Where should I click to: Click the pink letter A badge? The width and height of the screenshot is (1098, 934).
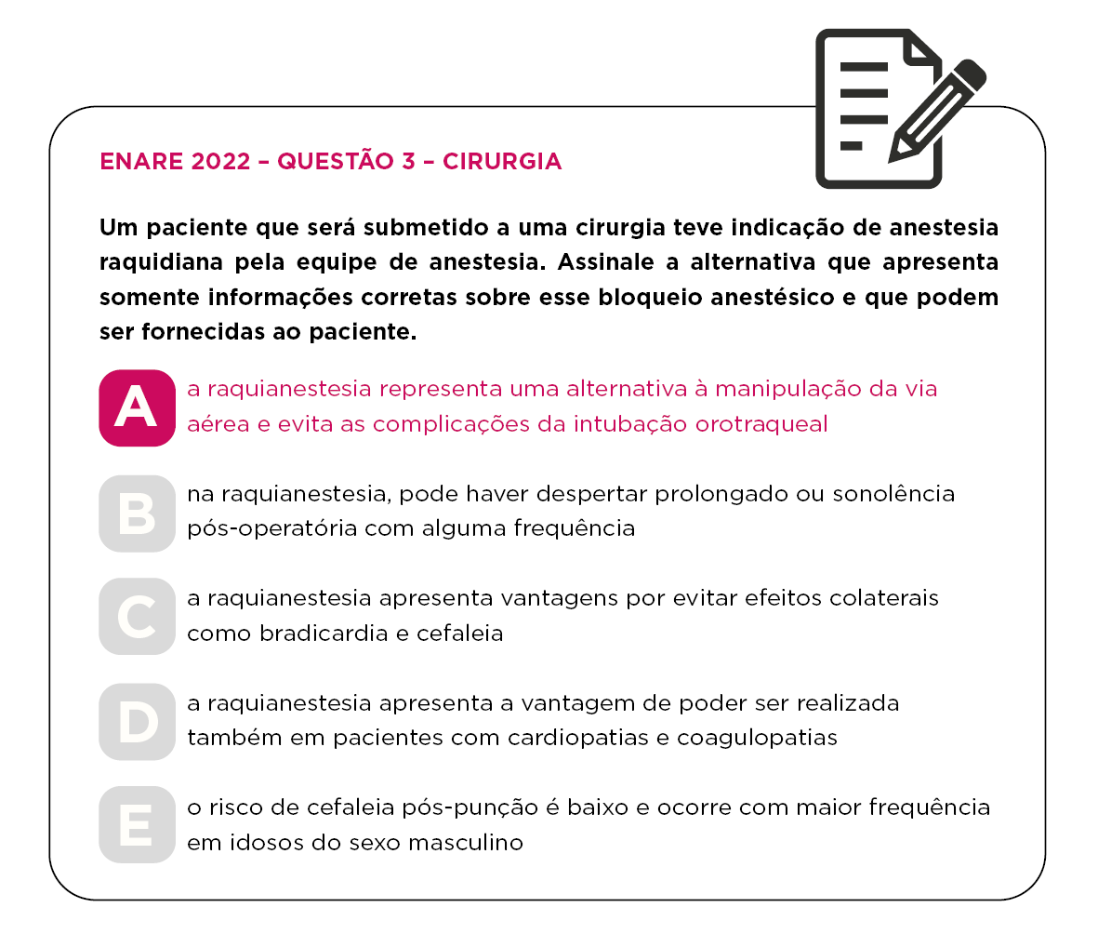point(137,408)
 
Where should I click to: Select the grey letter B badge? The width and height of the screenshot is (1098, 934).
point(137,514)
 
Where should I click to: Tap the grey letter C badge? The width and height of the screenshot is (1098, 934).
point(137,616)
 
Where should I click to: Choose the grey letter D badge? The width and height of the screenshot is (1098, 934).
point(137,722)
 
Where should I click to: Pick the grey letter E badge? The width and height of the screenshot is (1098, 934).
point(137,824)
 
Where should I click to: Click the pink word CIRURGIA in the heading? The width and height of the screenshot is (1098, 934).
point(502,161)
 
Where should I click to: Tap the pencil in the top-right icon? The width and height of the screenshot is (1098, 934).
point(936,110)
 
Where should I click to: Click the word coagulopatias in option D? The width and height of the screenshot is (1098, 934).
point(757,738)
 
